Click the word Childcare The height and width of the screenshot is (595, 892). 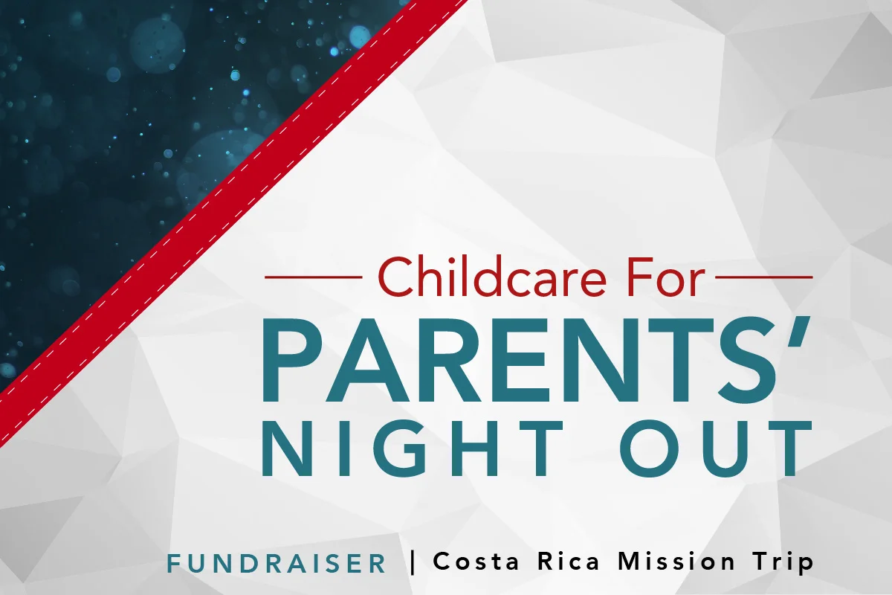[488, 277]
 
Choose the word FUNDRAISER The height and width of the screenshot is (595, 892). [277, 564]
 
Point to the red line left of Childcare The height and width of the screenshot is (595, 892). [313, 277]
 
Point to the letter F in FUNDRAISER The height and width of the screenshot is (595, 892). [175, 564]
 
